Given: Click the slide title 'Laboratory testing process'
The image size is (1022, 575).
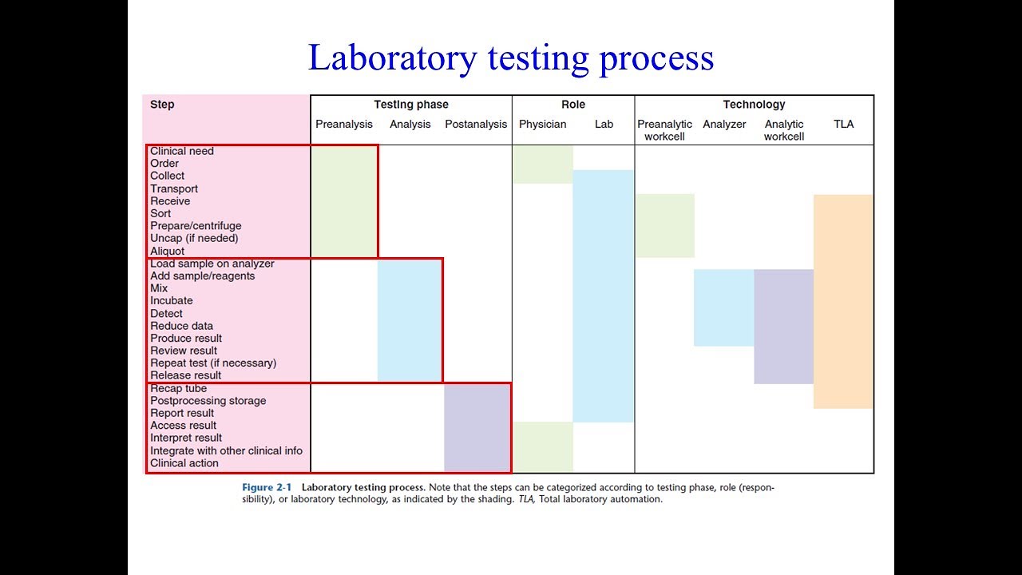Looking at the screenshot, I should coord(511,58).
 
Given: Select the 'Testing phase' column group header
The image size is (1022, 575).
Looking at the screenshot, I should coord(411,105).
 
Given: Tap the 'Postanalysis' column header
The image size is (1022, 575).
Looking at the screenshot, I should coord(476,125).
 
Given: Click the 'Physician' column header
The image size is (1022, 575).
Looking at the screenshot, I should coord(542,125).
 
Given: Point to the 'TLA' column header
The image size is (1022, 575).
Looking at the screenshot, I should coord(843,125).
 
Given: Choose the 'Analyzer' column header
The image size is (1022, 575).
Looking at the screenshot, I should coord(724,125).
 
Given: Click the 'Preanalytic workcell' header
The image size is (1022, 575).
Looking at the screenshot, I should coord(664,130).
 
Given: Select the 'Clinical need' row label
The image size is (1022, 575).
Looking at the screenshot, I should coord(182,151).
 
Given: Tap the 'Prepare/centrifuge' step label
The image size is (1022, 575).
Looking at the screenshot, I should coord(196,226).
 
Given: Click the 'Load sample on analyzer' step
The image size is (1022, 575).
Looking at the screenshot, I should coord(212,264).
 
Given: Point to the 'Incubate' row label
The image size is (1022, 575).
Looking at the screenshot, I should coord(172,301).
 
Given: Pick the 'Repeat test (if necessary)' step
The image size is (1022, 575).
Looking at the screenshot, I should coord(213,363).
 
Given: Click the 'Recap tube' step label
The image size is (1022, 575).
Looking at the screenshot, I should coord(179,389).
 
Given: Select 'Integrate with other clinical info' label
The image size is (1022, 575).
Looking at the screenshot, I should coord(227,451).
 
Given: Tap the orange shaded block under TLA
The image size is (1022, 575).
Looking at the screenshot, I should coord(843,302).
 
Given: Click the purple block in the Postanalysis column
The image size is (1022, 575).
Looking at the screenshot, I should coord(477,427).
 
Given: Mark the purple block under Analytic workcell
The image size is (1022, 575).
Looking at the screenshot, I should coord(783,327).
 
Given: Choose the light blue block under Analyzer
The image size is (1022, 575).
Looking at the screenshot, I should coord(724,307).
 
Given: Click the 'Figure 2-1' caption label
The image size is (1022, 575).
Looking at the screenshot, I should coord(267,487).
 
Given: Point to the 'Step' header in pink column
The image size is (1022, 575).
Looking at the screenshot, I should coord(162,105).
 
